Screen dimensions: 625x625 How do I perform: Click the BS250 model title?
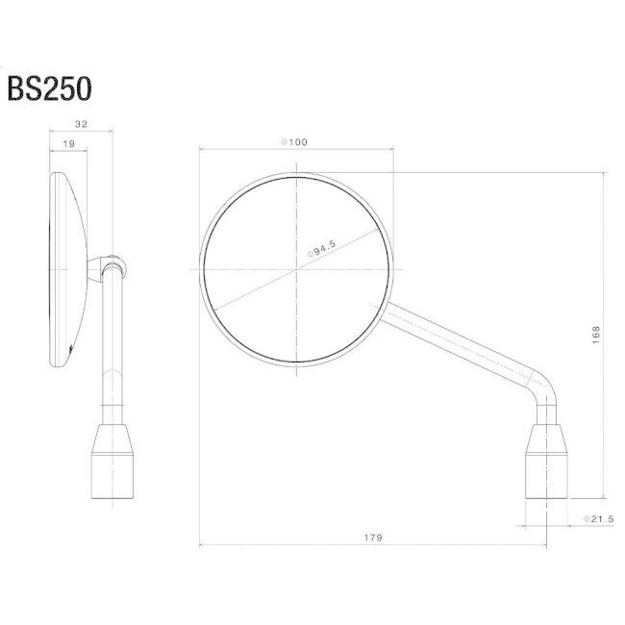49,88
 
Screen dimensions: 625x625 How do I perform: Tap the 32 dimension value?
81,124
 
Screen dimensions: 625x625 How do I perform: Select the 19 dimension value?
68,144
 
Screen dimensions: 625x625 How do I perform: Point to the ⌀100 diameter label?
294,142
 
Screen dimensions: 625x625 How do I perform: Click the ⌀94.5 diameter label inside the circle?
322,249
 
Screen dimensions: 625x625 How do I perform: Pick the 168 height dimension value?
595,335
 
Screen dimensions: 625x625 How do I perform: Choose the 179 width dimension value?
373,537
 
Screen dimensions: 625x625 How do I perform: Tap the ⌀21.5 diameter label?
599,518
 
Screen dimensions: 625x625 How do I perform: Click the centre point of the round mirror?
296,270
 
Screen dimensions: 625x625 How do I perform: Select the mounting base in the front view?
546,462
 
